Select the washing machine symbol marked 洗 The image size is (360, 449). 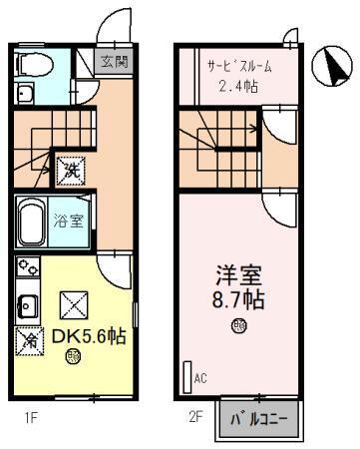tap(70, 171)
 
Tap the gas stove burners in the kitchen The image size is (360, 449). tap(27, 269)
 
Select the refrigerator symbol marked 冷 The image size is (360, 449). tap(26, 339)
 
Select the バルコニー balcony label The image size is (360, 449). tap(258, 416)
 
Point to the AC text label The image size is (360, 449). tap(200, 378)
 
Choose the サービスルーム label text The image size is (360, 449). tap(238, 66)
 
